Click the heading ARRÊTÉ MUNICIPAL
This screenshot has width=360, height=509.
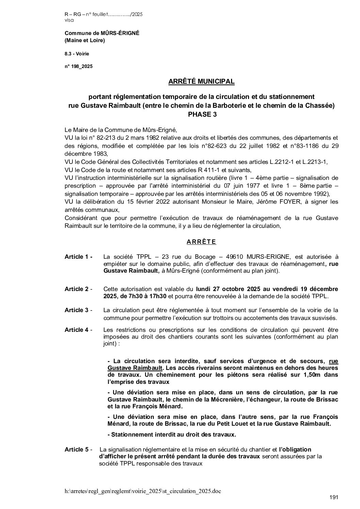[201, 82]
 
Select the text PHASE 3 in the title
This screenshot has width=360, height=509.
[202, 115]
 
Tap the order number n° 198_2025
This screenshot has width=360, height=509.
[78, 66]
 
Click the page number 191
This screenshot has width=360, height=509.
[334, 497]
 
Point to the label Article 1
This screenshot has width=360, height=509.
[78, 257]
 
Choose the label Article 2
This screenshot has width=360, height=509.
[78, 289]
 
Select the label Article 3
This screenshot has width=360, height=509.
[78, 310]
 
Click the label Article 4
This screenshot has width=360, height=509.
[78, 330]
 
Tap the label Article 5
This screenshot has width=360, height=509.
[78, 449]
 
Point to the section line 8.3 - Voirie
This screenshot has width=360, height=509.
[77, 53]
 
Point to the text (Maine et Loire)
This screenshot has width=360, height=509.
[85, 40]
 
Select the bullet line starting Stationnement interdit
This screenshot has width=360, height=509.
[171, 435]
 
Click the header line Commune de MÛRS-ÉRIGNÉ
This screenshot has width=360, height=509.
[102, 33]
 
